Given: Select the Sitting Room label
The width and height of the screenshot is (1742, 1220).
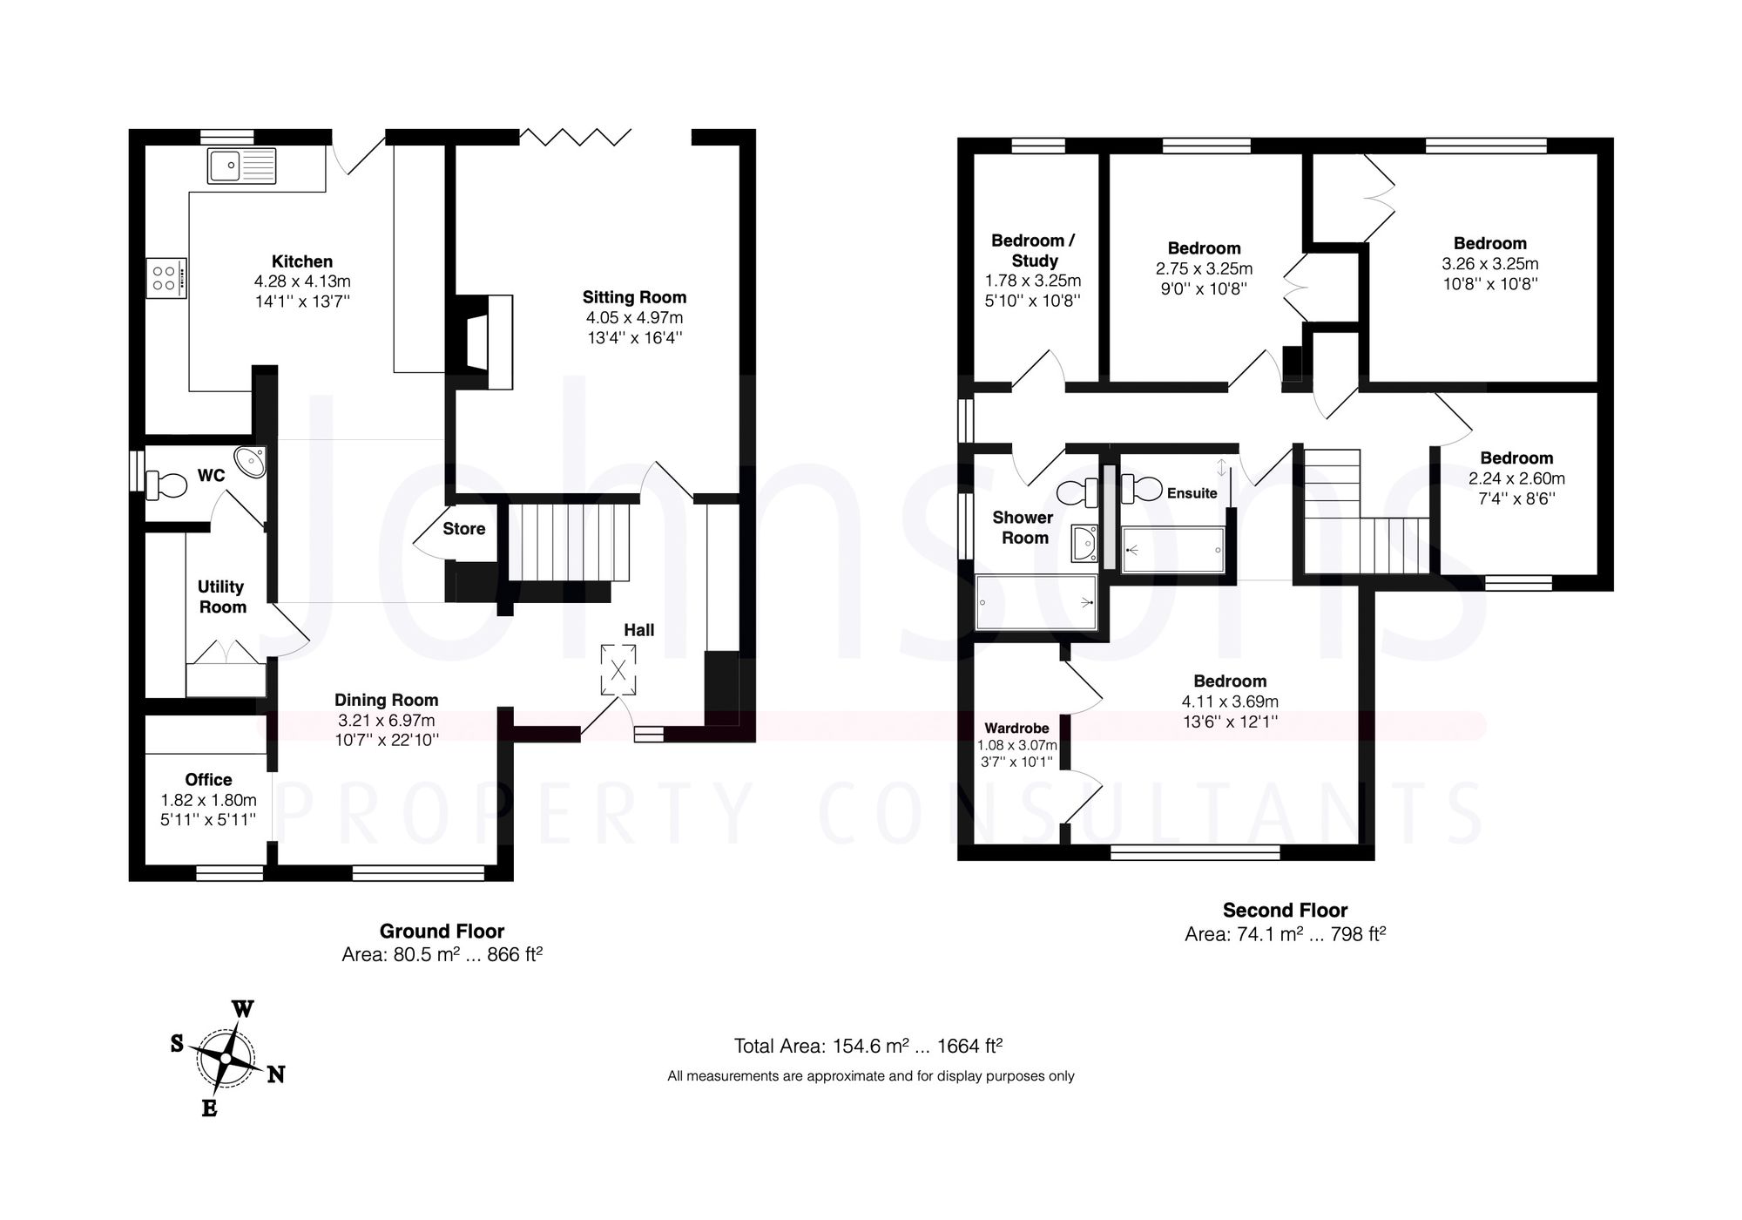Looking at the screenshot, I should click(634, 297).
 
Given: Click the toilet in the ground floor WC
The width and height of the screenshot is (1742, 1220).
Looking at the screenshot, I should click(167, 485).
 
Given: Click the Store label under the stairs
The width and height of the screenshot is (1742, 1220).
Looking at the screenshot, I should click(463, 529).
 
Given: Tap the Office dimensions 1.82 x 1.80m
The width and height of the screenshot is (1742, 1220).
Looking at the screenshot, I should click(208, 800).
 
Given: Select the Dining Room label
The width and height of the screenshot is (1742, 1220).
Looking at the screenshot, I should click(386, 700).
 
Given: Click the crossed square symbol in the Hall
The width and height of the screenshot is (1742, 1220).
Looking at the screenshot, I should click(618, 670).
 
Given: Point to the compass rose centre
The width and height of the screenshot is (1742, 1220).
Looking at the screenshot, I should click(225, 1058).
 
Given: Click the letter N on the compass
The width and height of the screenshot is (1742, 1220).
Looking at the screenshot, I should click(275, 1075).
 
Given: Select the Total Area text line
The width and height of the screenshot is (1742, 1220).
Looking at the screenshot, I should click(868, 1046).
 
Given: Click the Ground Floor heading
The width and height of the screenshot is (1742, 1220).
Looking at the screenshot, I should click(442, 931).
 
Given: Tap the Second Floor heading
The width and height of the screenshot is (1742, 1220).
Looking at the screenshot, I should click(1285, 911).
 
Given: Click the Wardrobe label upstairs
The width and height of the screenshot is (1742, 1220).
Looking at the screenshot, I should click(1016, 729).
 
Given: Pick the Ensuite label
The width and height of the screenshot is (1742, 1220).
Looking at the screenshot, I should click(1192, 493).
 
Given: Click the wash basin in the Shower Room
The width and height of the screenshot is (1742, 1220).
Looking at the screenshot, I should click(1084, 544).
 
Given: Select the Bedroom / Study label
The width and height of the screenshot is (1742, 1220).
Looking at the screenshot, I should click(1033, 250).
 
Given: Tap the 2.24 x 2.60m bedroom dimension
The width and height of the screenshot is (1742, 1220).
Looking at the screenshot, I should click(1516, 478).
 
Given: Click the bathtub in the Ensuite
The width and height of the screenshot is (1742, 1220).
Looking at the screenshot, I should click(1172, 550).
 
